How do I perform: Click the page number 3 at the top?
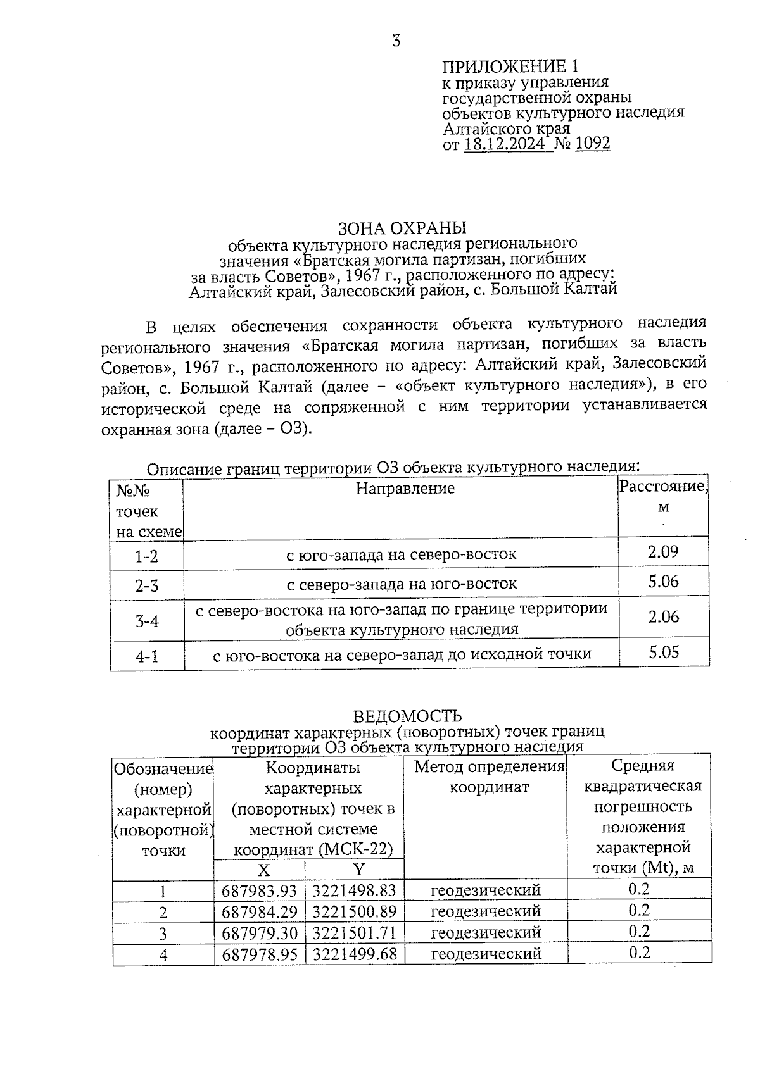(x=396, y=42)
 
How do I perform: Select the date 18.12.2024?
(x=504, y=144)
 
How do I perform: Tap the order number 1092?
(x=593, y=144)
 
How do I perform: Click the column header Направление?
(x=405, y=489)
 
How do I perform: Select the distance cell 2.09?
(x=663, y=552)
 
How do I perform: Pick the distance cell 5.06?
(x=663, y=581)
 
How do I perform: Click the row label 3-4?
(x=147, y=621)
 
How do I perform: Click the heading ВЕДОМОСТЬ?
(x=407, y=716)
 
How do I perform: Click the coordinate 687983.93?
(x=259, y=891)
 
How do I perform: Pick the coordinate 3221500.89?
(x=355, y=912)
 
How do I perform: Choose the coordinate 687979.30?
(x=259, y=934)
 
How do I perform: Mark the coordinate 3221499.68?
(x=355, y=954)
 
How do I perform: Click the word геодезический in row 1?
(x=486, y=890)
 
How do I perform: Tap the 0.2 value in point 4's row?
(x=639, y=952)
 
